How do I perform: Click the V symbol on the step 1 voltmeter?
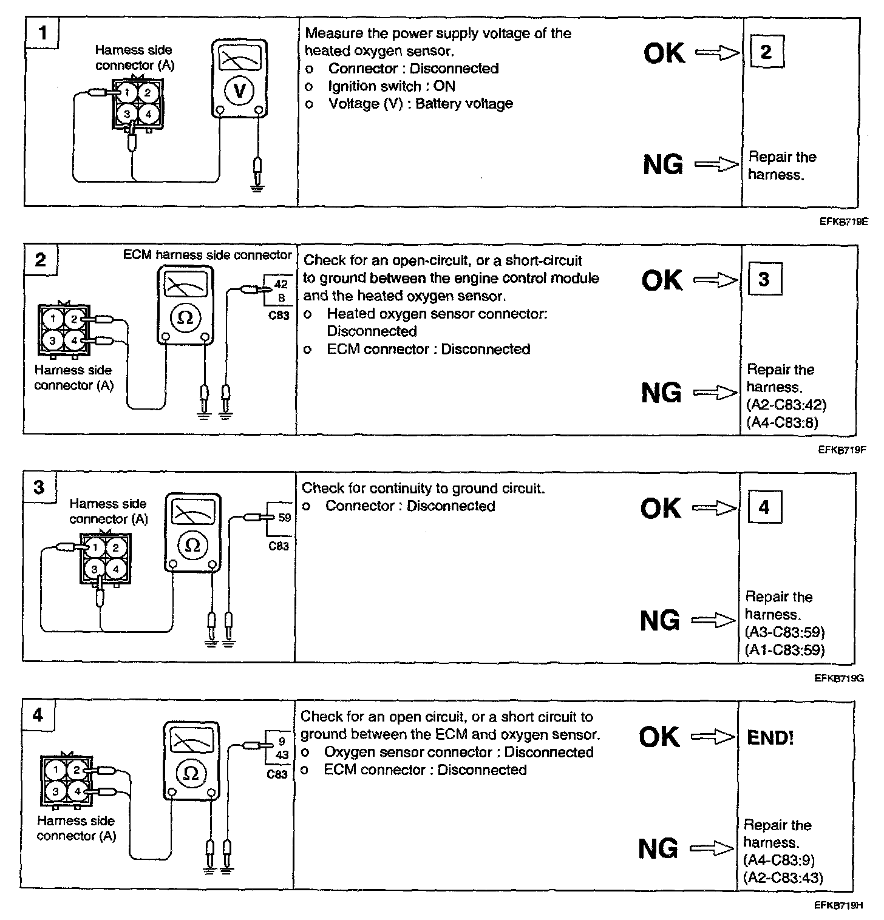coord(239,91)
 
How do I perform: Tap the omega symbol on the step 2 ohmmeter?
coord(185,317)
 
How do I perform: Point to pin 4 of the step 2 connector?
coord(74,340)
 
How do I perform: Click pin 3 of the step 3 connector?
coord(94,569)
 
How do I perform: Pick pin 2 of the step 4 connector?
coord(76,770)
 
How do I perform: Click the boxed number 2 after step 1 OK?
coord(766,52)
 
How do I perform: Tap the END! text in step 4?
coord(770,737)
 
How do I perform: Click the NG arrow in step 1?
coord(716,164)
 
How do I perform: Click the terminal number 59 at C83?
coord(285,518)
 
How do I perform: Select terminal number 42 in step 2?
coord(281,284)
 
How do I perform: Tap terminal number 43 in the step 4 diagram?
coord(282,755)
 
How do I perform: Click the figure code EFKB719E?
coord(843,222)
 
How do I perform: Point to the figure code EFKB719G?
coord(839,678)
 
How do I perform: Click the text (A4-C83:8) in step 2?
coord(782,422)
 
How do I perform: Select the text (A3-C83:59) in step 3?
coord(784,632)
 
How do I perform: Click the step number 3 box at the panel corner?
coord(39,487)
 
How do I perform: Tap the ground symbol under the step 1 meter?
coord(258,188)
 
